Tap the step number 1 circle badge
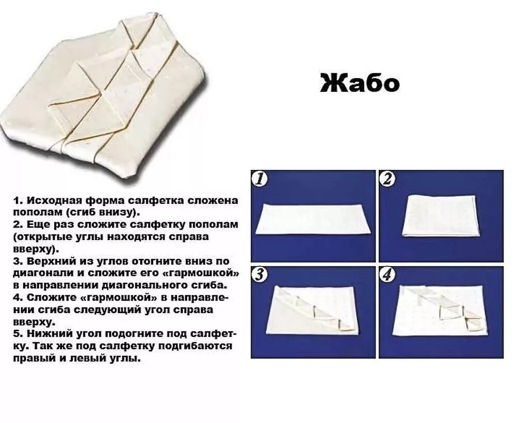click(x=260, y=179)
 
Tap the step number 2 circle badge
click(x=388, y=179)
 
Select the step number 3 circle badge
click(x=260, y=276)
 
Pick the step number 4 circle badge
click(x=388, y=276)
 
